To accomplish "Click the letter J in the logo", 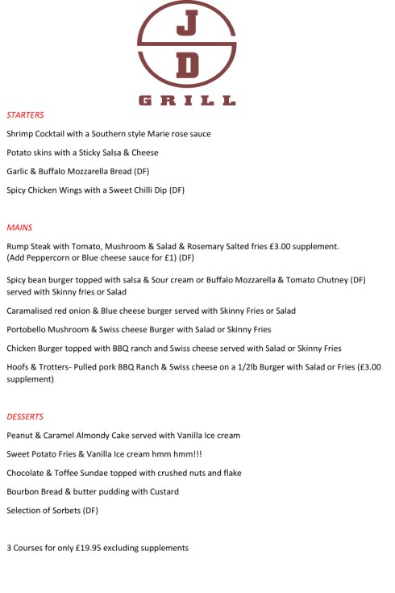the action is pyautogui.click(x=186, y=25).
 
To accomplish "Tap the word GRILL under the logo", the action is pyautogui.click(x=186, y=101).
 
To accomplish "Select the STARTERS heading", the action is pyautogui.click(x=25, y=115).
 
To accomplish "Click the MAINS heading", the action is pyautogui.click(x=19, y=228).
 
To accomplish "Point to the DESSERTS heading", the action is pyautogui.click(x=25, y=417).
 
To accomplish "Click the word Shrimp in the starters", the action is pyautogui.click(x=21, y=134).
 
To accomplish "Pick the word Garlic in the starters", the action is pyautogui.click(x=19, y=172).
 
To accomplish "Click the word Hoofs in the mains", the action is pyautogui.click(x=19, y=367).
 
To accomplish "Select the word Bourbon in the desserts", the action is pyautogui.click(x=24, y=491).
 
